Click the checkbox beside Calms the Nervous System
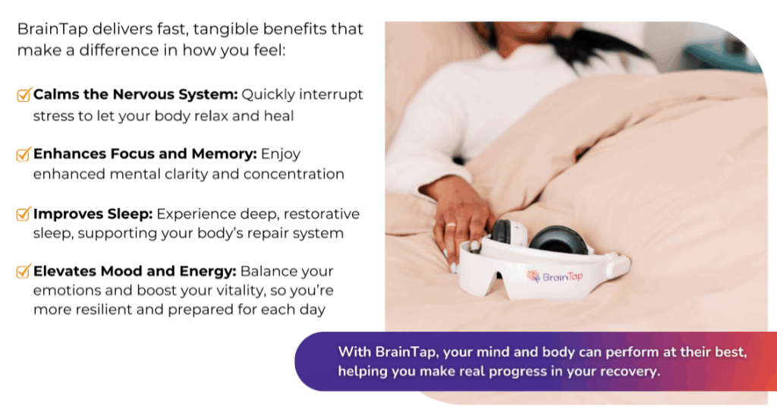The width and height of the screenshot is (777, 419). click(24, 94)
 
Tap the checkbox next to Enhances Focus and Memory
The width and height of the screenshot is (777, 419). click(24, 154)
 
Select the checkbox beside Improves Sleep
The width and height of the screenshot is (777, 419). click(24, 214)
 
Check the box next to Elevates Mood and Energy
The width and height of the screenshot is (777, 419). click(24, 271)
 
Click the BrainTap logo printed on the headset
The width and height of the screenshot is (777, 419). click(555, 277)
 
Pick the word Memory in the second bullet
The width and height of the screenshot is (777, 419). click(224, 154)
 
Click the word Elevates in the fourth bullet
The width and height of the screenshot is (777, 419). click(65, 271)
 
